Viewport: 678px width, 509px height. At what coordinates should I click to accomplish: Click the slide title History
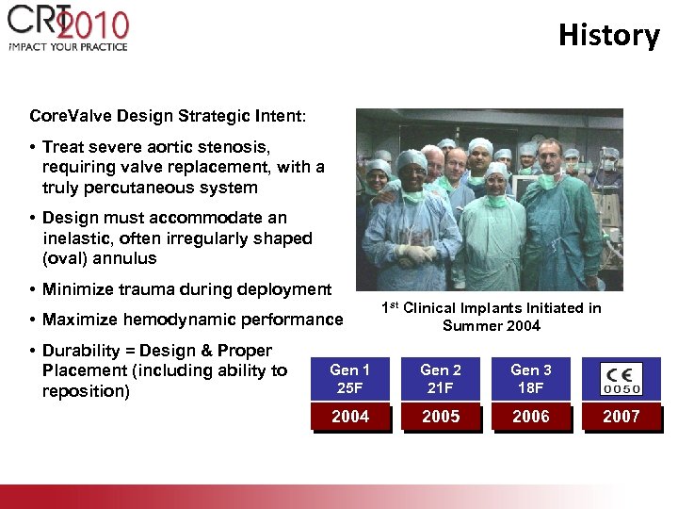(608, 35)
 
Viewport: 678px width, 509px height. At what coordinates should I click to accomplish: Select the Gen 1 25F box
(349, 379)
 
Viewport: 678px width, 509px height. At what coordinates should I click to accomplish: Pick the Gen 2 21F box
(440, 379)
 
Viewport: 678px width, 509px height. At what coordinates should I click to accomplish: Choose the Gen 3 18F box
(530, 379)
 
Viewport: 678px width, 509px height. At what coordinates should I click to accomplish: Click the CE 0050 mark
(621, 379)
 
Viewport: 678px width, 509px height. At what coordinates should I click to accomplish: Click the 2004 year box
(349, 417)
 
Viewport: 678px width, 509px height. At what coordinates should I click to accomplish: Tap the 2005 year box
(440, 417)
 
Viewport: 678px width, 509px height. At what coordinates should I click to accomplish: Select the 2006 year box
(530, 417)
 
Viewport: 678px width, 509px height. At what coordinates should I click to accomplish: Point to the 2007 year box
(621, 417)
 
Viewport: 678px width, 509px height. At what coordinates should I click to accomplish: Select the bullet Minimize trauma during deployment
(186, 289)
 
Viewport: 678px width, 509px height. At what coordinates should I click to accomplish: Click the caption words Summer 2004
(491, 326)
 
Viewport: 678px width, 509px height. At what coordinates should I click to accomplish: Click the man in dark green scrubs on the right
(558, 222)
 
